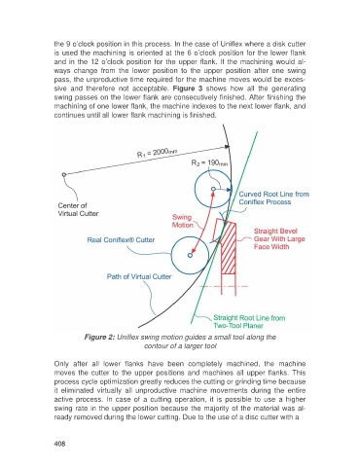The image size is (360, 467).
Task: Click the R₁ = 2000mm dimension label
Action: click(x=157, y=152)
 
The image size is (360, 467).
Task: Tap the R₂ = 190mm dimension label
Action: click(x=209, y=162)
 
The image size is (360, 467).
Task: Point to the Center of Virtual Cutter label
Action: click(x=78, y=209)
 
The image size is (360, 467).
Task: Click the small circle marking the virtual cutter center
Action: click(x=64, y=175)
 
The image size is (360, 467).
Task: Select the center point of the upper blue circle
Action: click(x=213, y=189)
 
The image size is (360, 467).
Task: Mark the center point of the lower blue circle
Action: click(x=190, y=255)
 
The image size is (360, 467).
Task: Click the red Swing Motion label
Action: click(x=182, y=221)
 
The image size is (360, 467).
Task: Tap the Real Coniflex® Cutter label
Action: click(x=121, y=240)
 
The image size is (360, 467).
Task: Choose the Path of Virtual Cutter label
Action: click(x=139, y=276)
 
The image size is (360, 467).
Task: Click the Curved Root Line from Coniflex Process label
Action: click(x=273, y=198)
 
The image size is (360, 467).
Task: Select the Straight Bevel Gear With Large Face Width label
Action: click(x=279, y=239)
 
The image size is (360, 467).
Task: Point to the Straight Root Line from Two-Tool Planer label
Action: click(x=249, y=322)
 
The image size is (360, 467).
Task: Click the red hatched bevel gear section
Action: click(x=229, y=250)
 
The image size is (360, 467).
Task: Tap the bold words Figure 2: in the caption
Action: click(x=99, y=338)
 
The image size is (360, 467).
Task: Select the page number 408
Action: click(x=59, y=444)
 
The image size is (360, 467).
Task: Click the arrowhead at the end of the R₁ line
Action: click(x=227, y=147)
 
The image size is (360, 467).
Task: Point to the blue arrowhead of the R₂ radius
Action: click(x=230, y=190)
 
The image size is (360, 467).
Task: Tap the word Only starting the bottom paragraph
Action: click(x=60, y=364)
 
